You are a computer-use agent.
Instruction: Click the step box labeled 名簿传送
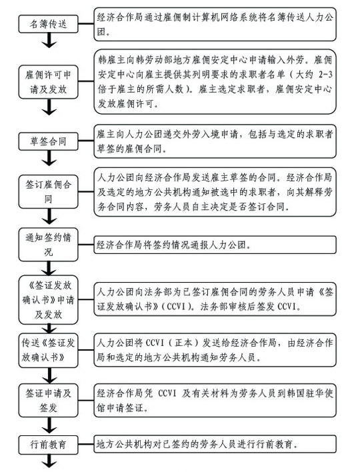(48, 24)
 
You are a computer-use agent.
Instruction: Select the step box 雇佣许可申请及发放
(48, 82)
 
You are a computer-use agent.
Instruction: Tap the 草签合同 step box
(48, 141)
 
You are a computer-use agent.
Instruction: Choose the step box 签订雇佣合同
(48, 191)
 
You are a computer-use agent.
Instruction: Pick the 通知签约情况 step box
(48, 245)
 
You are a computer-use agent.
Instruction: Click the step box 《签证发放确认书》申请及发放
(48, 300)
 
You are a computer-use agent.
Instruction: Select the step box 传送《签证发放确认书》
(48, 350)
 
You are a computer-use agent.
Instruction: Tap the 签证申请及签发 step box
(48, 401)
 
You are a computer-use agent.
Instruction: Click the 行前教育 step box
(48, 444)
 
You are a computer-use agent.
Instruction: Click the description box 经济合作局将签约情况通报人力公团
(215, 245)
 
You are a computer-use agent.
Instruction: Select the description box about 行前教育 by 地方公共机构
(215, 444)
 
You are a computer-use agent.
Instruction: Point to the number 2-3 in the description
(325, 75)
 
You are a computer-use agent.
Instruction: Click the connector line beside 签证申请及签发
(86, 401)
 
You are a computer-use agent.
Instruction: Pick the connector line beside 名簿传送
(86, 24)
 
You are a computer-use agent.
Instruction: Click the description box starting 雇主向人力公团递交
(215, 141)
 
